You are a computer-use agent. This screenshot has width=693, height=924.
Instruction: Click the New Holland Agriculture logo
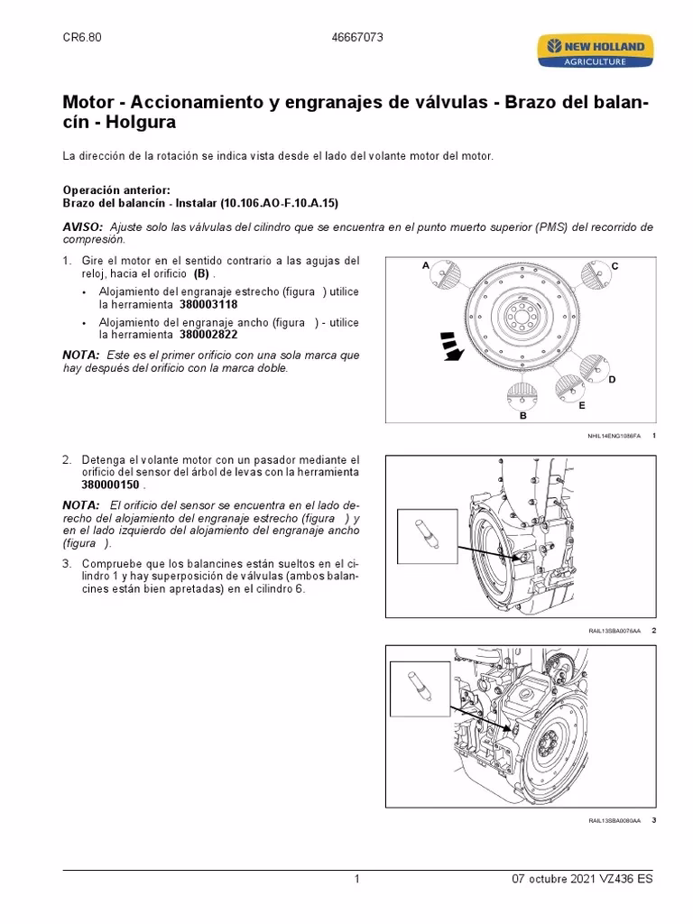point(592,51)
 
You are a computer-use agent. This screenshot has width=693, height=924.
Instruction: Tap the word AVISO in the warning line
point(81,226)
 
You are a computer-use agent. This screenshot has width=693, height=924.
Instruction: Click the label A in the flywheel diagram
point(425,266)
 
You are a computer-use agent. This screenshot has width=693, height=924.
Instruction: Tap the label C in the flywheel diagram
point(614,266)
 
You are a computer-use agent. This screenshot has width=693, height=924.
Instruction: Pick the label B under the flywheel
point(522,416)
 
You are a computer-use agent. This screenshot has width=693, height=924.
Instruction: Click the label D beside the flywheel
point(611,380)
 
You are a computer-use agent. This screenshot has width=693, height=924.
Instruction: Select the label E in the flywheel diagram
point(582,406)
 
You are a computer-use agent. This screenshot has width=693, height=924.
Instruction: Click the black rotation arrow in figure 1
point(450,346)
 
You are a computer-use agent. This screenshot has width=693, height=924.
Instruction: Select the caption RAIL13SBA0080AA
point(614,820)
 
